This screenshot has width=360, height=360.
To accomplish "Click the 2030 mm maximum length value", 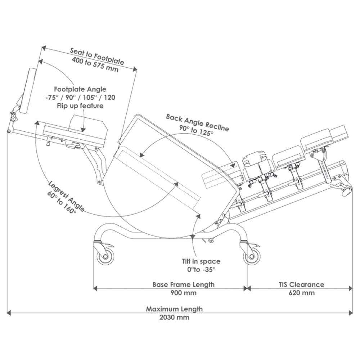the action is pos(174,318).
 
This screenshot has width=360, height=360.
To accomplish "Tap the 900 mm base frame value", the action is pos(184,293).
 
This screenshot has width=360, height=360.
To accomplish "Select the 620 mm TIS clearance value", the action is pos(301,293).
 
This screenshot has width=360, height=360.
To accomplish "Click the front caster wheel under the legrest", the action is pos(105,256).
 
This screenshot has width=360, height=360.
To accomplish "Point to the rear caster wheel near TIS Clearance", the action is pos(252,256).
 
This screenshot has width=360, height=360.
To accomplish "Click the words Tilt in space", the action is pos(201,261).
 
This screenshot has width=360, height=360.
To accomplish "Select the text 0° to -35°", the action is pos(201,269).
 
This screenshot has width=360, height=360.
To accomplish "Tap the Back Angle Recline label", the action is pos(197,123).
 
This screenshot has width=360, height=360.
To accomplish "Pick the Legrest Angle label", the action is pos(67,196).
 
